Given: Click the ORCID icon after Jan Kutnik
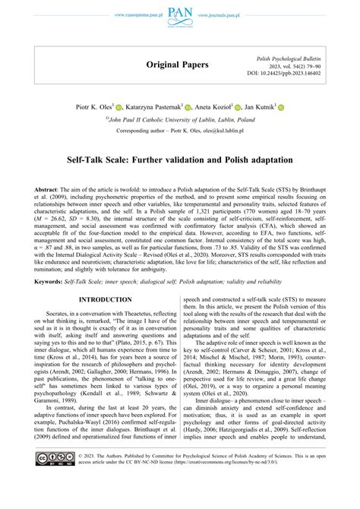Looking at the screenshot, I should coord(280,109).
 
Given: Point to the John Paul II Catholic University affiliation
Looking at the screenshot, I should coord(180,120).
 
